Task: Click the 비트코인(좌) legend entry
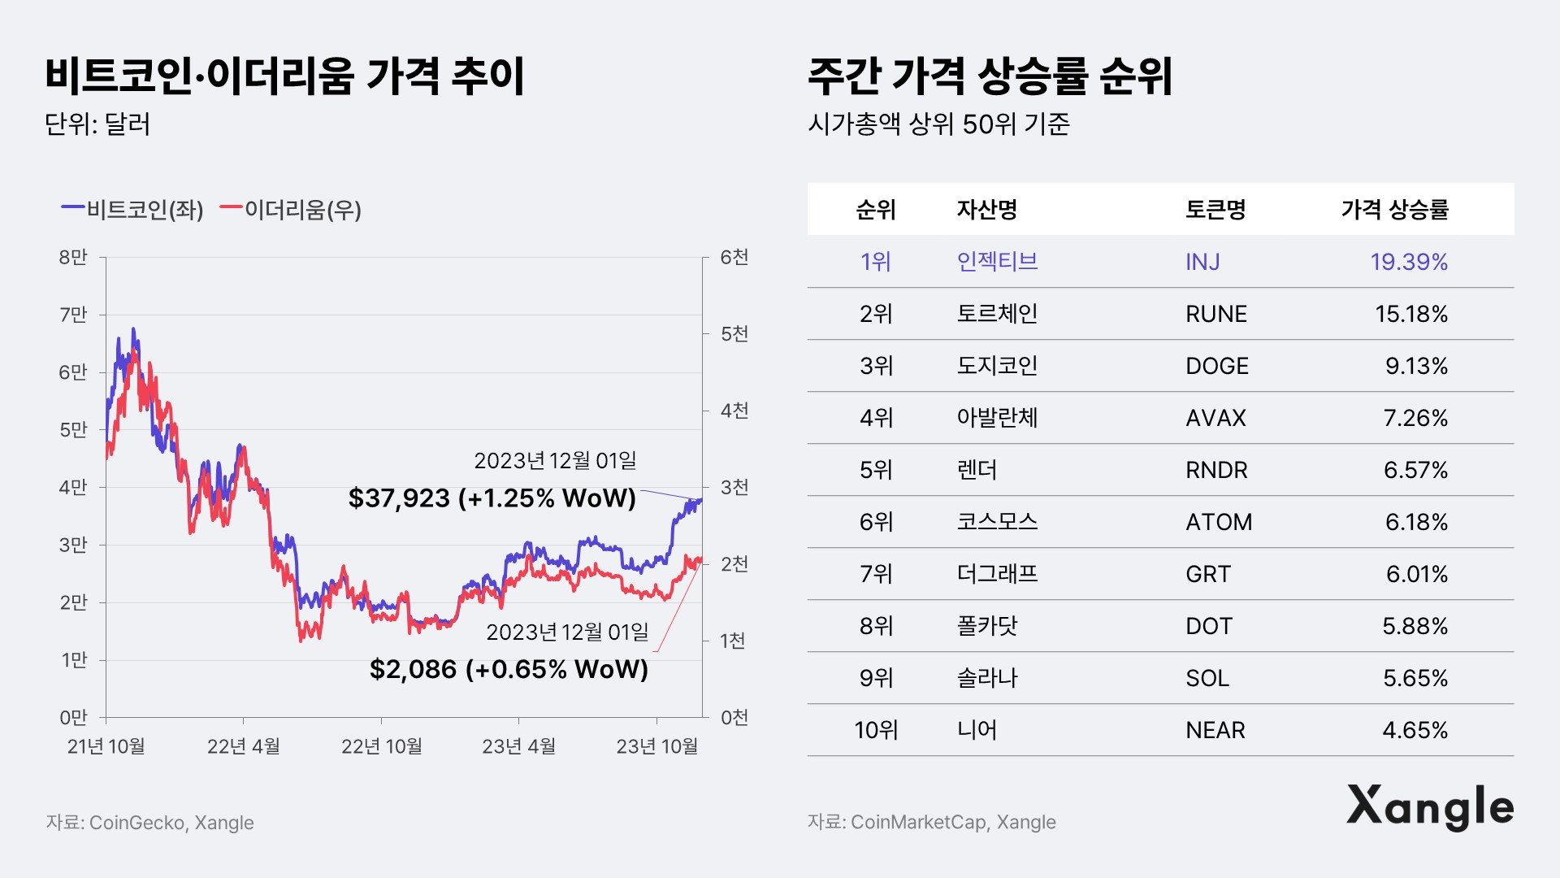click(133, 210)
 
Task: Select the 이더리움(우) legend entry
click(291, 210)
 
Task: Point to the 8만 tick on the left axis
click(73, 258)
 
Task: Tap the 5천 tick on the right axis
click(734, 334)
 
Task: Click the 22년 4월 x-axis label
click(243, 746)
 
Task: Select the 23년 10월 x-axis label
click(656, 746)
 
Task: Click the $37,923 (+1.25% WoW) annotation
click(492, 498)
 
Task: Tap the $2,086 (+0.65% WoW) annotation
click(509, 669)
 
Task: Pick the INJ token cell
click(1202, 262)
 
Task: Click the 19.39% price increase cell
click(1409, 262)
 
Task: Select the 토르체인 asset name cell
click(997, 314)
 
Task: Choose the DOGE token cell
click(1216, 366)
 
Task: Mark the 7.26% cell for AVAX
click(1415, 418)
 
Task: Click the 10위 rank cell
click(876, 730)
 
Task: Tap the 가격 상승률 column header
click(1394, 210)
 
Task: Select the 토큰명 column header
click(1215, 210)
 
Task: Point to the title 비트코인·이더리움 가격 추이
click(284, 76)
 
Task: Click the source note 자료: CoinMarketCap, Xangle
click(931, 822)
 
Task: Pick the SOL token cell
click(1207, 678)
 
